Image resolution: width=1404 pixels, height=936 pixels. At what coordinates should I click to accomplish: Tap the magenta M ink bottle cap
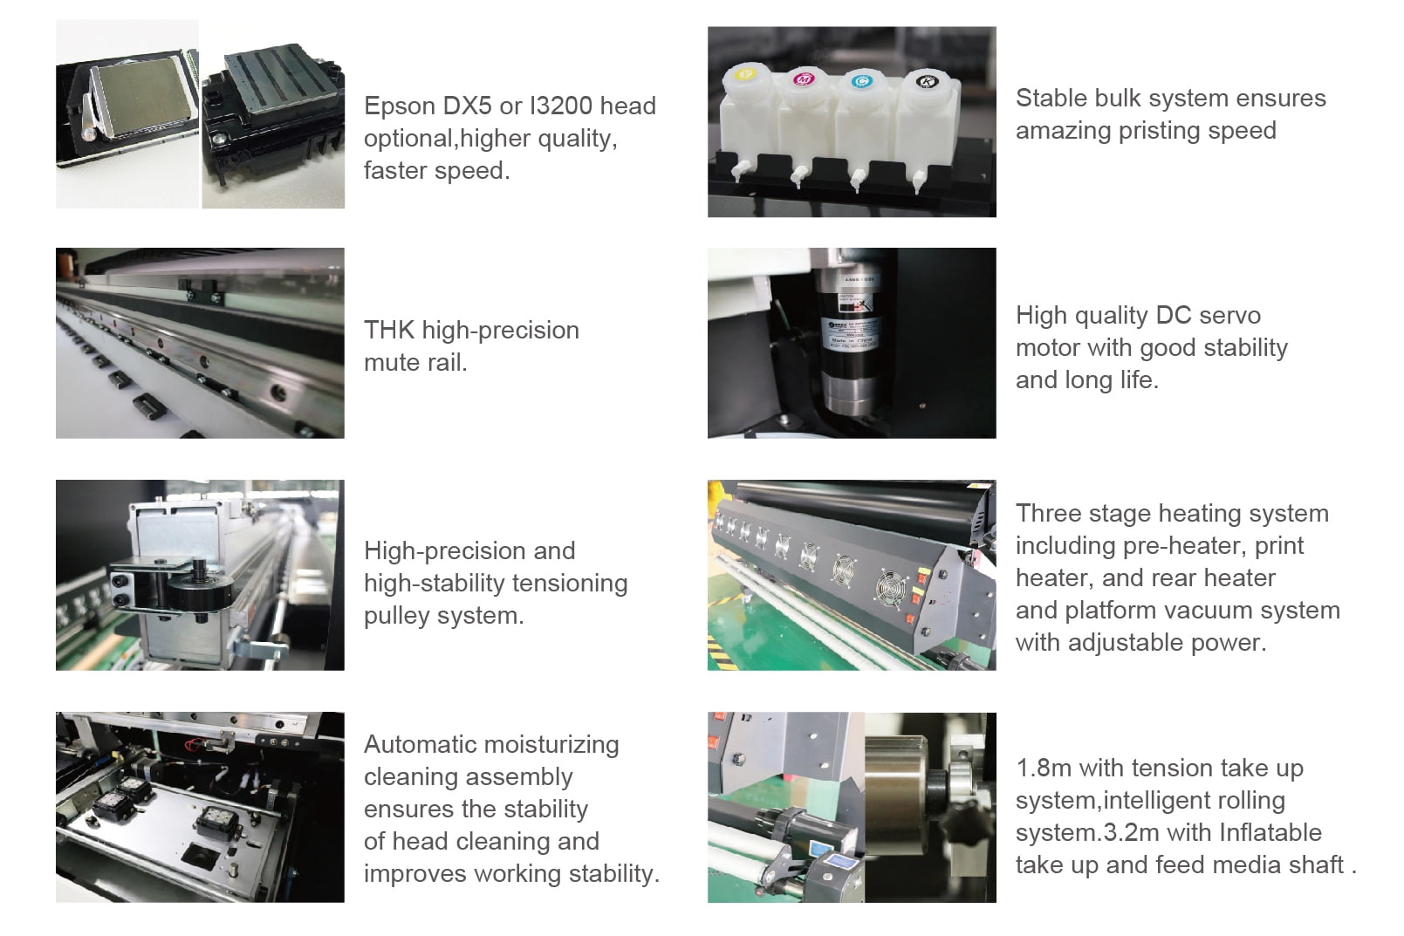pyautogui.click(x=804, y=79)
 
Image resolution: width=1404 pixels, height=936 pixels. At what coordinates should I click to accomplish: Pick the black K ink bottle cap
pyautogui.click(x=927, y=81)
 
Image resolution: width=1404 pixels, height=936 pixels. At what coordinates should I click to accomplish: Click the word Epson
pyautogui.click(x=400, y=106)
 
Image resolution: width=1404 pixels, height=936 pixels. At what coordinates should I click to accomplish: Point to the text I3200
pyautogui.click(x=561, y=106)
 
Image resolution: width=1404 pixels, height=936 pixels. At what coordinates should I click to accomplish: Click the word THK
pyautogui.click(x=388, y=330)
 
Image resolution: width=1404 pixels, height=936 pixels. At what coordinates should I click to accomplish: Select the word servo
pyautogui.click(x=1229, y=315)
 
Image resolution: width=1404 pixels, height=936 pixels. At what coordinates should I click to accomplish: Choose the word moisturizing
pyautogui.click(x=551, y=746)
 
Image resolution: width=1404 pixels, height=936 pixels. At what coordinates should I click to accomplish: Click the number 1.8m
pyautogui.click(x=1044, y=769)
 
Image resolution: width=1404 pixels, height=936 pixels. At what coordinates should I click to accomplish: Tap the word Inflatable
pyautogui.click(x=1270, y=832)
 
